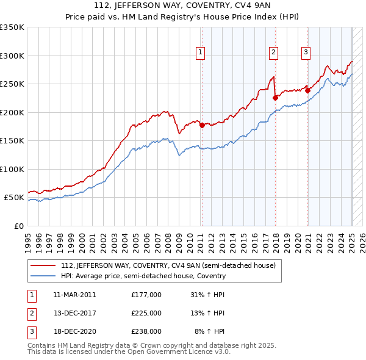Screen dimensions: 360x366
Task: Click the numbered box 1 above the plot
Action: click(201, 53)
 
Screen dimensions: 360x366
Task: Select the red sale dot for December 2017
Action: click(275, 97)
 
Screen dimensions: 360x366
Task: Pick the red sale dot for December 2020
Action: click(307, 92)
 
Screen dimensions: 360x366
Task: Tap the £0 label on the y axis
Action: click(18, 226)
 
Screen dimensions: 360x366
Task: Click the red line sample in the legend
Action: click(43, 266)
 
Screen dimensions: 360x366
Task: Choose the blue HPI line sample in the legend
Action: click(43, 276)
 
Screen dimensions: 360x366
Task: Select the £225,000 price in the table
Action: click(146, 313)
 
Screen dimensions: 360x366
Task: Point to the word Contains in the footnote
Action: click(42, 345)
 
